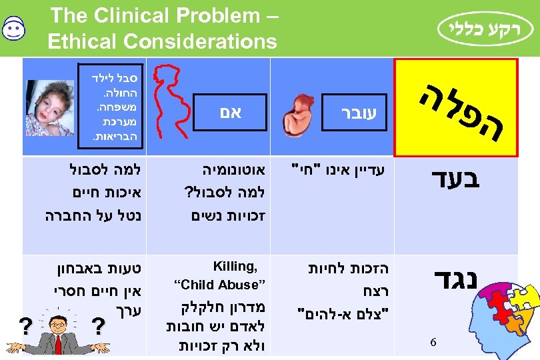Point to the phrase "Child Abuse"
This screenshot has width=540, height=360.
click(x=220, y=285)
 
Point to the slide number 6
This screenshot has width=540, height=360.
click(x=433, y=342)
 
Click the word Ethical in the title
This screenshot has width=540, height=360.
click(x=83, y=42)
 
